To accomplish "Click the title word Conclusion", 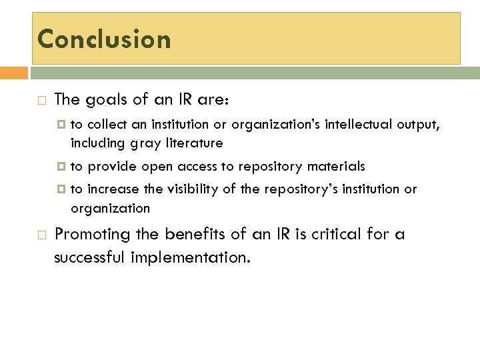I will pyautogui.click(x=104, y=39).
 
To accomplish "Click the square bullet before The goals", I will pyautogui.click(x=41, y=101).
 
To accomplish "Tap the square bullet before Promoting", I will pyautogui.click(x=41, y=235).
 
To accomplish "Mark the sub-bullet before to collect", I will pyautogui.click(x=62, y=125).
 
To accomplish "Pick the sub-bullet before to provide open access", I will pyautogui.click(x=62, y=167).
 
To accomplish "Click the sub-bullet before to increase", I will pyautogui.click(x=62, y=190).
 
